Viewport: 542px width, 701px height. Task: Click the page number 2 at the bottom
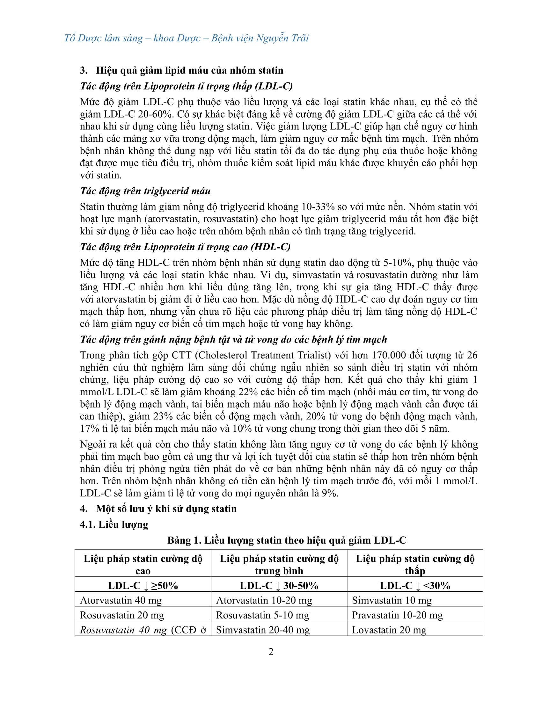click(271, 652)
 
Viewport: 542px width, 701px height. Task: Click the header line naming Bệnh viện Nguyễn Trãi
click(186, 38)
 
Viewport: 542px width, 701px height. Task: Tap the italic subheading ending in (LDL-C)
click(186, 86)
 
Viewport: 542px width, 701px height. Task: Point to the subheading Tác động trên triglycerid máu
click(145, 191)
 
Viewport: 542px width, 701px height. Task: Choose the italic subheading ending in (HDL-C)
click(185, 247)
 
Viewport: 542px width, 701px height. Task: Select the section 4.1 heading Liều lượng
click(114, 524)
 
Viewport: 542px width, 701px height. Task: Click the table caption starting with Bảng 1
click(287, 540)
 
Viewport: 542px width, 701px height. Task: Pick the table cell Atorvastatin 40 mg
click(121, 600)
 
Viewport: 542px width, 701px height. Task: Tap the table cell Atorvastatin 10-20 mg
click(264, 600)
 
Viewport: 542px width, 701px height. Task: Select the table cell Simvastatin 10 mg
click(392, 600)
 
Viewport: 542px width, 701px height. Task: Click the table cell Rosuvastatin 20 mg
click(122, 615)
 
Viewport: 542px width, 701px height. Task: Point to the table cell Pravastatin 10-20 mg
click(397, 615)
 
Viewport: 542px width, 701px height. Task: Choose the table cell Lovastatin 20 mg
click(389, 630)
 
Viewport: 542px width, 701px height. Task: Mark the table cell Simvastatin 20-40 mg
click(263, 630)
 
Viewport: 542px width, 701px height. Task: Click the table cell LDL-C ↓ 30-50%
click(279, 585)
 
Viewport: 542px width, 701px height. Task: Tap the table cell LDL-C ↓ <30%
click(415, 585)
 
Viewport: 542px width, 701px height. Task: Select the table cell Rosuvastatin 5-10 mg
click(262, 615)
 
